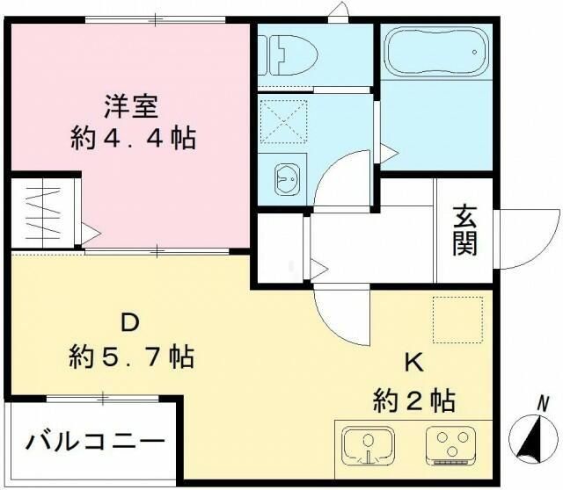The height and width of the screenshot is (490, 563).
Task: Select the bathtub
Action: coord(435,53)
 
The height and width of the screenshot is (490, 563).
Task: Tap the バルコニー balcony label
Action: coord(94,439)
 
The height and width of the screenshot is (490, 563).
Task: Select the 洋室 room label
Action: coord(132,107)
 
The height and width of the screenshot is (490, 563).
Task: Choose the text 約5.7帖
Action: coord(132,357)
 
